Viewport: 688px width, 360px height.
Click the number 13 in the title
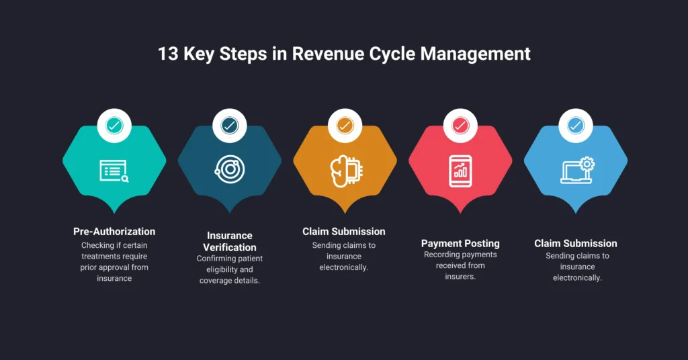point(168,54)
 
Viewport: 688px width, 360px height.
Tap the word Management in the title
point(475,54)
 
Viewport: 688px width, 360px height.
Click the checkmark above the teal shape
point(114,126)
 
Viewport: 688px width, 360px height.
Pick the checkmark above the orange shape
point(345,126)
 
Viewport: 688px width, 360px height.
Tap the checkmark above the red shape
point(460,126)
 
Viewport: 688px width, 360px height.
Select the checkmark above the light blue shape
point(576,126)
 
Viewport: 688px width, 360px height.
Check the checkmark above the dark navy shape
point(230,126)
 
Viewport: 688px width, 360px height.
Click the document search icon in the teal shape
point(114,171)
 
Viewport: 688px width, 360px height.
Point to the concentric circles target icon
point(230,170)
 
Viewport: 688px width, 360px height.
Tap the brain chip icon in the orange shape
point(346,171)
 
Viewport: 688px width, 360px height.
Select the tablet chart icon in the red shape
point(460,171)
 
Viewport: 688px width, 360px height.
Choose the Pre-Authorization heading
point(114,232)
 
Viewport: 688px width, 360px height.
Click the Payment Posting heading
point(460,243)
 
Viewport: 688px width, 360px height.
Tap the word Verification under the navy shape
point(230,247)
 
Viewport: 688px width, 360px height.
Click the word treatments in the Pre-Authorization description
point(102,257)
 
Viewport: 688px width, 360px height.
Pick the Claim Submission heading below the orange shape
point(344,232)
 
